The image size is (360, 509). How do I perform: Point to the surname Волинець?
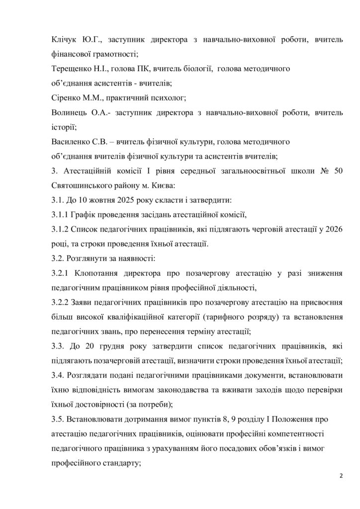tap(70, 113)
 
